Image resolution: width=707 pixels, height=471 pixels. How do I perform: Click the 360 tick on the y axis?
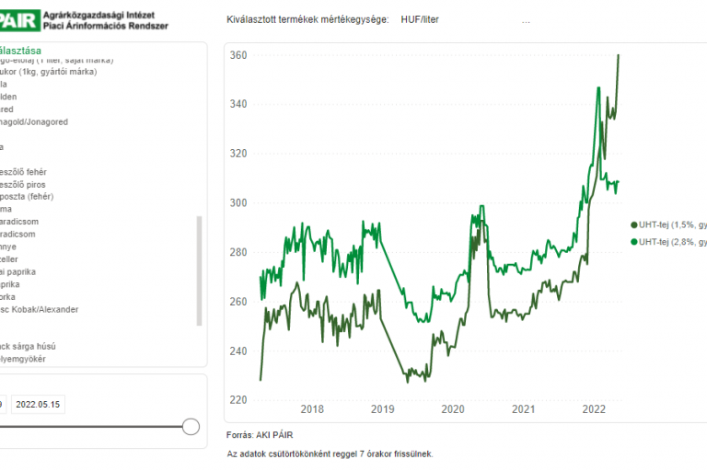(x=238, y=56)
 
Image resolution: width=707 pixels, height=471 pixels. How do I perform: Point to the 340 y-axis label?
(x=238, y=105)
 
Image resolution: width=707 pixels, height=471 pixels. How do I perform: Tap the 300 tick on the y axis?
(x=238, y=202)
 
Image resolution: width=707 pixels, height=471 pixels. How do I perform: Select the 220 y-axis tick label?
(x=238, y=400)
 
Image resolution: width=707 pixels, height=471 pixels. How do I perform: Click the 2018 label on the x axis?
(x=312, y=410)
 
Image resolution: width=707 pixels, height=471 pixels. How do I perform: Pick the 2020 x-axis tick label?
(x=453, y=410)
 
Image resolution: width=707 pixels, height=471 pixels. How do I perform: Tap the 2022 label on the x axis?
(x=594, y=410)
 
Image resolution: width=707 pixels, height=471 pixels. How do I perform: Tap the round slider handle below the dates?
(x=191, y=427)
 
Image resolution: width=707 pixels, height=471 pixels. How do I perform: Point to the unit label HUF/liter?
(x=420, y=19)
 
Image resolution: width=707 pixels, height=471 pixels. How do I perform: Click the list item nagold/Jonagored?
(x=35, y=121)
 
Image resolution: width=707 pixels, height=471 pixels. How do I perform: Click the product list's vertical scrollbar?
(x=199, y=270)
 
